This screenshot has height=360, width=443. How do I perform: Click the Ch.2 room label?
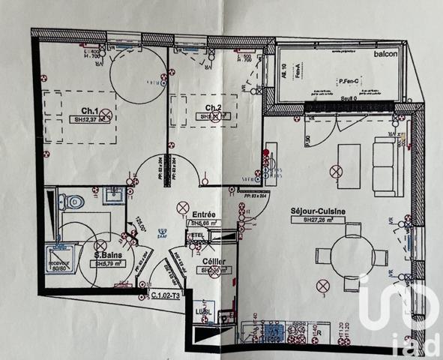click(213, 107)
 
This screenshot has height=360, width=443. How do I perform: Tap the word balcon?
click(386, 53)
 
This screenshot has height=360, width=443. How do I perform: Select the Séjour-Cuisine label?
click(318, 211)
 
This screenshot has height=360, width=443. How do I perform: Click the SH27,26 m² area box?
click(319, 220)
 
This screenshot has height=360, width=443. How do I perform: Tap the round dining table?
click(349, 255)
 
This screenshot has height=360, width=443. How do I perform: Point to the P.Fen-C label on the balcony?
click(349, 82)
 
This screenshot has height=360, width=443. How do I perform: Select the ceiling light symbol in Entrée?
click(181, 206)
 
